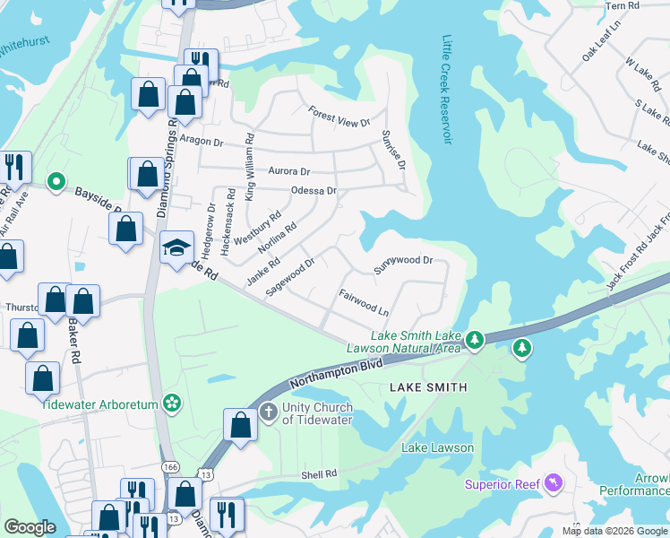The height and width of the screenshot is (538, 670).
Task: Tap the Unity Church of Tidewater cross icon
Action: click(x=267, y=412)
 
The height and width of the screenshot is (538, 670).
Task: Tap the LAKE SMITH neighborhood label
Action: click(x=428, y=387)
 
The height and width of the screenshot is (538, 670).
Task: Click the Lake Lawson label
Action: click(x=437, y=447)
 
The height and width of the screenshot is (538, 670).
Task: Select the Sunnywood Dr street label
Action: click(x=403, y=262)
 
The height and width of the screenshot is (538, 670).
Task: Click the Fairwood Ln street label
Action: click(x=364, y=301)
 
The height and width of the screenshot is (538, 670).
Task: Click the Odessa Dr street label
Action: click(x=314, y=191)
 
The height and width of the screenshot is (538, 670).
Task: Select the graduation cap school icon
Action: click(x=177, y=247)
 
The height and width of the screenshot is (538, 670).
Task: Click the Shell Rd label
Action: click(x=319, y=474)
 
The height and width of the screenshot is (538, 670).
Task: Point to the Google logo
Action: click(x=30, y=527)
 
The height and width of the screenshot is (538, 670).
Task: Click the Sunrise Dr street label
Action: click(x=394, y=150)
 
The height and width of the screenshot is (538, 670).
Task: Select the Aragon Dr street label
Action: click(x=201, y=141)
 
